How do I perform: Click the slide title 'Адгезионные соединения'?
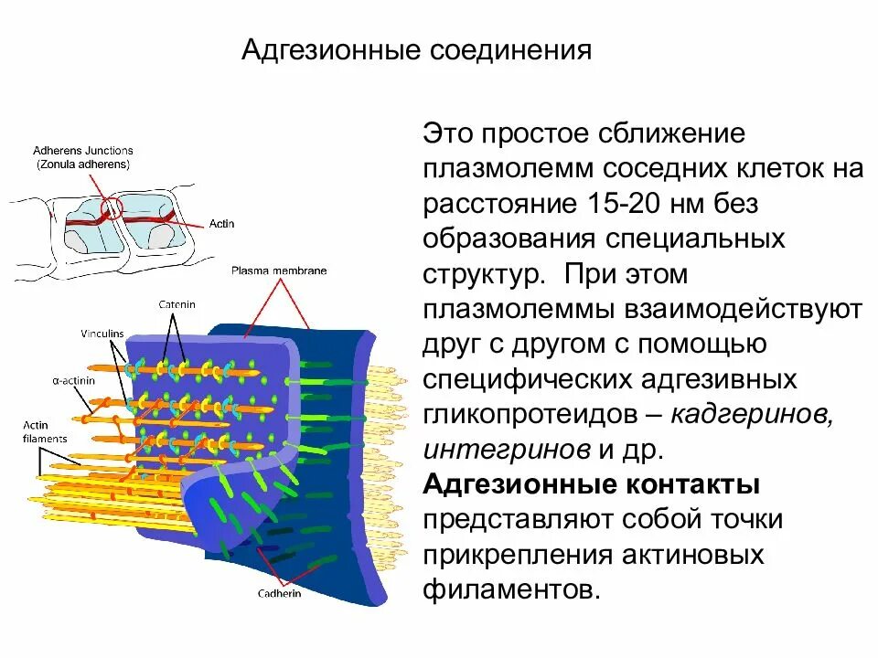pyautogui.click(x=416, y=49)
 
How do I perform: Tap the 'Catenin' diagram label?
pyautogui.click(x=176, y=304)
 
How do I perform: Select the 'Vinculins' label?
pyautogui.click(x=102, y=334)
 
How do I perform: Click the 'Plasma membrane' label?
pyautogui.click(x=279, y=271)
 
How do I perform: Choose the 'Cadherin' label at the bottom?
pyautogui.click(x=279, y=592)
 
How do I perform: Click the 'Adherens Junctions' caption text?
pyautogui.click(x=83, y=150)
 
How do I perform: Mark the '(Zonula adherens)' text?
pyautogui.click(x=83, y=164)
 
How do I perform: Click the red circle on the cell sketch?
pyautogui.click(x=112, y=207)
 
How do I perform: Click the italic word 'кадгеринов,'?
pyautogui.click(x=752, y=414)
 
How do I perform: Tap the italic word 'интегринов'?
pyautogui.click(x=507, y=449)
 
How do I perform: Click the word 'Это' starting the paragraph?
pyautogui.click(x=448, y=134)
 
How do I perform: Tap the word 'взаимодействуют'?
pyautogui.click(x=743, y=309)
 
